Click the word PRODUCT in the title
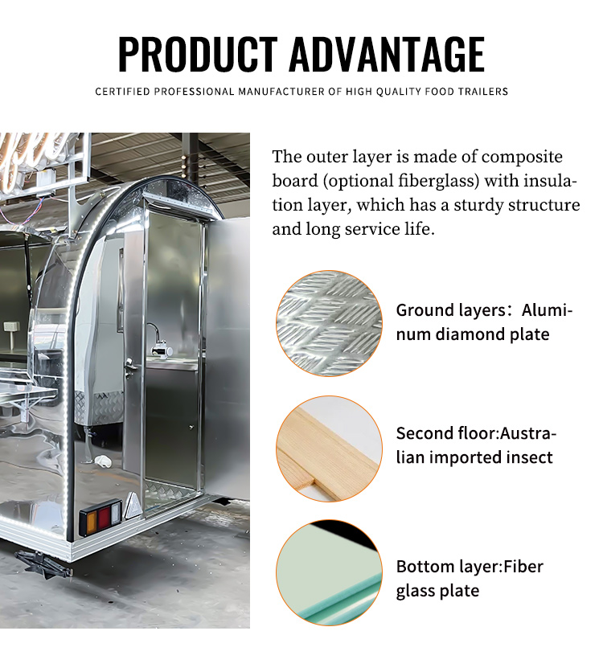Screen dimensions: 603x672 point(198,54)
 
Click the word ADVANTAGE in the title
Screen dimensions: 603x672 point(387,54)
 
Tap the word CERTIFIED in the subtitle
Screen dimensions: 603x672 point(122,92)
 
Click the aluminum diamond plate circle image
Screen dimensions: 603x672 point(329,324)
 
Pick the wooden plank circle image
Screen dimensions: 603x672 point(329,449)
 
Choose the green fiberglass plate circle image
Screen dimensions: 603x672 point(329,573)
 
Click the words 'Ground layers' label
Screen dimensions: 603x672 point(451,311)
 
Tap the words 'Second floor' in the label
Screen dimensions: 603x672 point(445,433)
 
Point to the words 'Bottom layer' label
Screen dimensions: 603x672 point(448,567)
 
